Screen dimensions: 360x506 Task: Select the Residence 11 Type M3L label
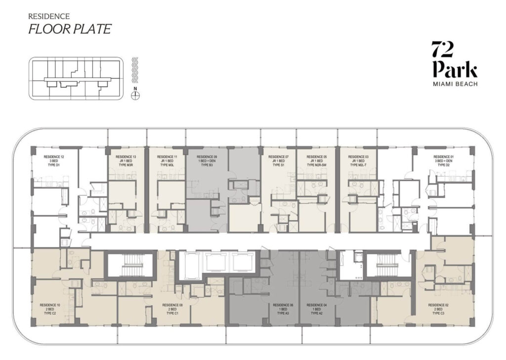click(167, 161)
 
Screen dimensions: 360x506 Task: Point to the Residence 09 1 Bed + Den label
click(207, 161)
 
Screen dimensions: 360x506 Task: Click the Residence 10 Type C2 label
click(49, 309)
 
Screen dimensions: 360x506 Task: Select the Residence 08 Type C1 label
click(172, 309)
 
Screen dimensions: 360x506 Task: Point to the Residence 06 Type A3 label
click(282, 309)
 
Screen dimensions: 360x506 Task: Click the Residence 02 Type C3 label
click(438, 309)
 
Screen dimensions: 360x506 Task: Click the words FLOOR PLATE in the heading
click(69, 29)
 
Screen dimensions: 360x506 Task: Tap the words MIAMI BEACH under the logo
click(454, 84)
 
